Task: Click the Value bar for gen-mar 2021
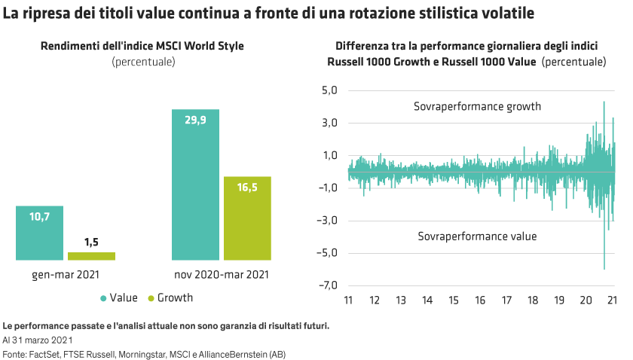pyautogui.click(x=39, y=233)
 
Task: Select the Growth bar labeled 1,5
pyautogui.click(x=91, y=256)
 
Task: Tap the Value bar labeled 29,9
pyautogui.click(x=195, y=185)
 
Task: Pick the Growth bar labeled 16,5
pyautogui.click(x=247, y=218)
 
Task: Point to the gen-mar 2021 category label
pyautogui.click(x=66, y=276)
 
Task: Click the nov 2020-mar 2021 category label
pyautogui.click(x=221, y=276)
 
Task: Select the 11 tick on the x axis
pyautogui.click(x=348, y=301)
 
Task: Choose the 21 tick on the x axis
pyautogui.click(x=613, y=301)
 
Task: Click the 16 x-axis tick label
pyautogui.click(x=481, y=301)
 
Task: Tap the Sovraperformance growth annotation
pyautogui.click(x=477, y=107)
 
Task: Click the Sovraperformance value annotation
pyautogui.click(x=477, y=236)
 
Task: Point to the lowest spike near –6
pyautogui.click(x=604, y=267)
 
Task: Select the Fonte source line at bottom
pyautogui.click(x=143, y=354)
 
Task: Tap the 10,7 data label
pyautogui.click(x=39, y=217)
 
